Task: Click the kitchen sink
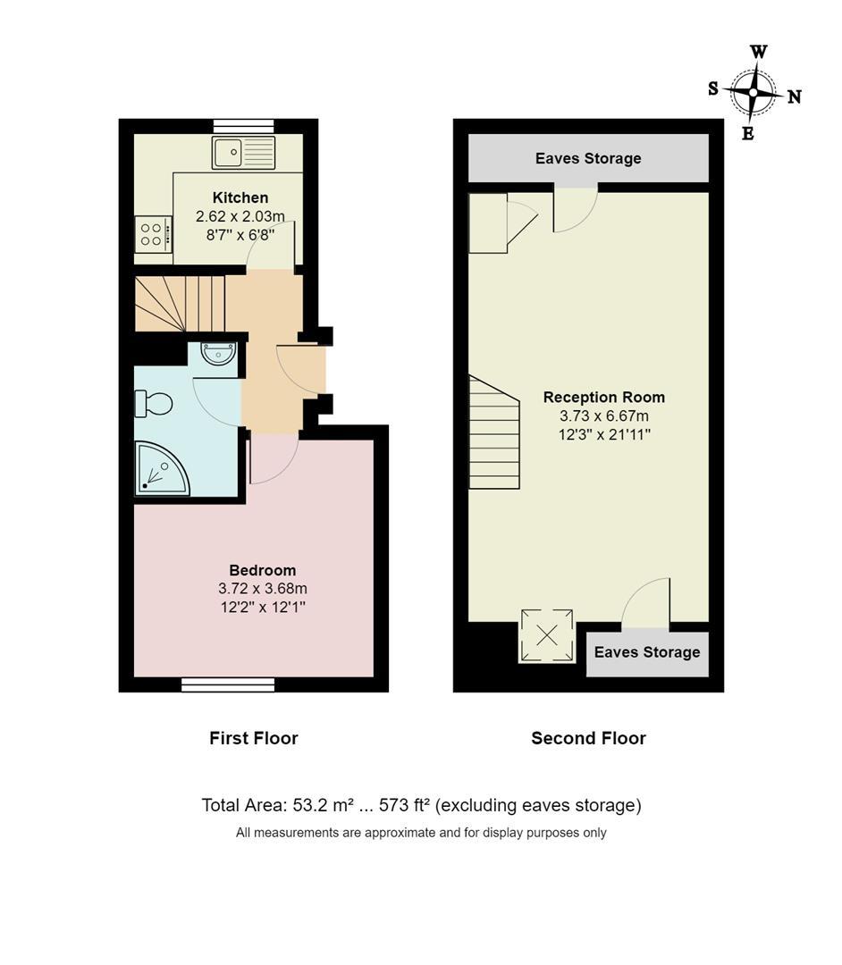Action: [x=244, y=153]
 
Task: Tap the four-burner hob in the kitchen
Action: [x=153, y=234]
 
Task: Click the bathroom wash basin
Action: [x=218, y=354]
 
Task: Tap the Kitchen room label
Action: [x=240, y=197]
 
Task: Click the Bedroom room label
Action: [x=262, y=570]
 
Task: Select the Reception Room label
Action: [x=604, y=397]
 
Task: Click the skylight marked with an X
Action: [x=547, y=636]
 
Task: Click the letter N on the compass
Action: [x=795, y=96]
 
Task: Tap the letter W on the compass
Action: [x=759, y=52]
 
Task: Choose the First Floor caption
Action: [x=254, y=738]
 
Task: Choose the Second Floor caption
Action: [x=588, y=738]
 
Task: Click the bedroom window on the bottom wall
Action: [x=228, y=684]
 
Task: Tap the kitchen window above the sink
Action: [x=244, y=126]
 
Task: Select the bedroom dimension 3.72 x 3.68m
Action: [x=262, y=588]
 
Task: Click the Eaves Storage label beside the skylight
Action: [x=647, y=652]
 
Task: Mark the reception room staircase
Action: [x=494, y=432]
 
